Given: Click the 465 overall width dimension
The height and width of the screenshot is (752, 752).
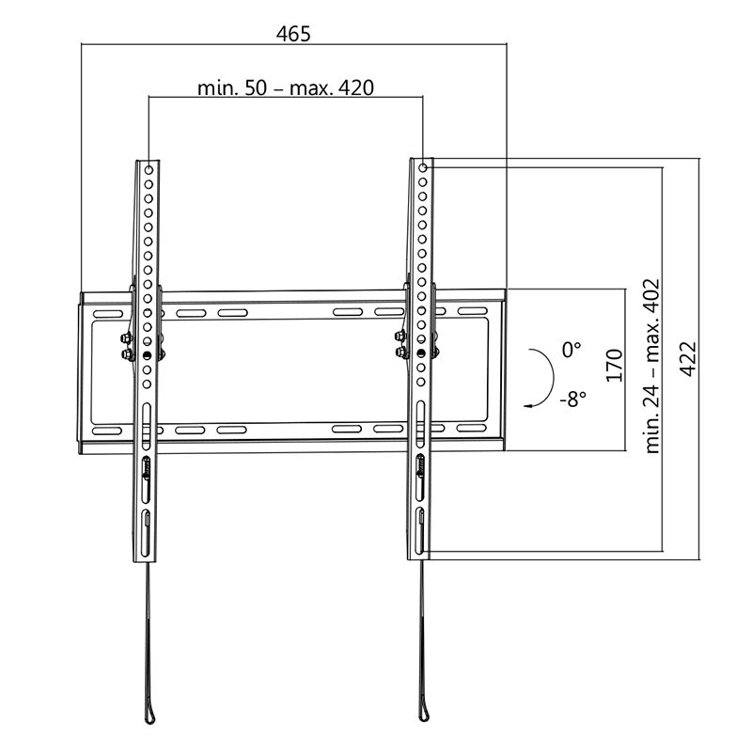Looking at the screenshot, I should [x=293, y=34].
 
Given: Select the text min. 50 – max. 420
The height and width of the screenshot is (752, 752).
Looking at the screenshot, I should [x=286, y=88].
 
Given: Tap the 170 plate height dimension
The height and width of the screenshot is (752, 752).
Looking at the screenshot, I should [x=614, y=366].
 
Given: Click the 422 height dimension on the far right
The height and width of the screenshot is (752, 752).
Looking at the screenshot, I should [x=689, y=358].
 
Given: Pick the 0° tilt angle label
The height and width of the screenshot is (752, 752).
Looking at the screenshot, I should [x=572, y=349].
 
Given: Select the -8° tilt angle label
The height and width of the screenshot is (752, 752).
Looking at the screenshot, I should [x=571, y=399].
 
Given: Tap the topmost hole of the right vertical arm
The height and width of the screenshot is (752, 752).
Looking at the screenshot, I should [x=423, y=169].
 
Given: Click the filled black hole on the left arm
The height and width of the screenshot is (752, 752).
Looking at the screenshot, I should [x=148, y=355].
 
